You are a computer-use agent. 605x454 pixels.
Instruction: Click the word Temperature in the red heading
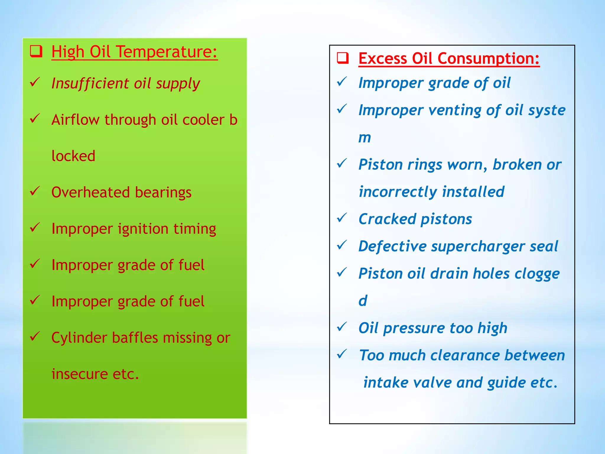pos(167,52)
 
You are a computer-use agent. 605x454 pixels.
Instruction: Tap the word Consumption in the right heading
pos(488,59)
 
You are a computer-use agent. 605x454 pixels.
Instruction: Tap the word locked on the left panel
pos(73,156)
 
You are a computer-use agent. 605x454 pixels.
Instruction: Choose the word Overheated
pos(90,192)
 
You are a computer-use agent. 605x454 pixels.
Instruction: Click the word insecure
pos(79,374)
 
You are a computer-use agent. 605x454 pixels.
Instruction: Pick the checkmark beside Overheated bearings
pos(35,191)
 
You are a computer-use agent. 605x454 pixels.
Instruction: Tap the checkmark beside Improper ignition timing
pos(35,228)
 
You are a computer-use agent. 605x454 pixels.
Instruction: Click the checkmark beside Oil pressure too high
pos(342,327)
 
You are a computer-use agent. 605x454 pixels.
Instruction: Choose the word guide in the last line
pos(506,383)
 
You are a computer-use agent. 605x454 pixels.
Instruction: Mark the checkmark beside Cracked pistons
pos(342,218)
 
